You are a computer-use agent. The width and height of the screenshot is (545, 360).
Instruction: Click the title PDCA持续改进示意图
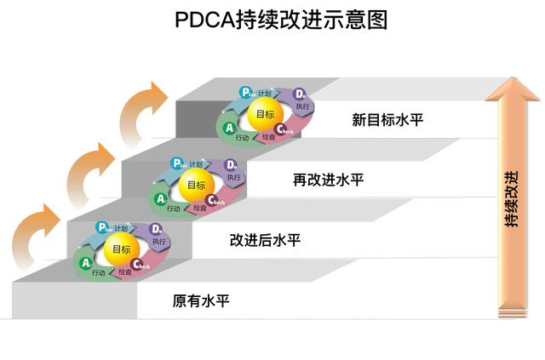(x=272, y=20)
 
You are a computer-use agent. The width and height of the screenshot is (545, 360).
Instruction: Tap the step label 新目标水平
(x=387, y=119)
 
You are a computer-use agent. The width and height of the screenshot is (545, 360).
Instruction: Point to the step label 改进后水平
(x=265, y=240)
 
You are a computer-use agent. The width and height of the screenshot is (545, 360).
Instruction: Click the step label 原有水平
(x=201, y=300)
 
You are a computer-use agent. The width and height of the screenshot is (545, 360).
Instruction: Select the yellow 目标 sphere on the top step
(x=265, y=114)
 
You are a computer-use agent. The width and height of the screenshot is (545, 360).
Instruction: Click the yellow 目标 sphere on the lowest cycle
(x=121, y=249)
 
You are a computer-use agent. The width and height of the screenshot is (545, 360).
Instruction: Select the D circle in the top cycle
(x=300, y=94)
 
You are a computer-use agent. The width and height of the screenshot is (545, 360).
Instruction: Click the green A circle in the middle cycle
(x=160, y=199)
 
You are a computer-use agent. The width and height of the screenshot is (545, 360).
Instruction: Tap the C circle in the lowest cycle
(x=138, y=266)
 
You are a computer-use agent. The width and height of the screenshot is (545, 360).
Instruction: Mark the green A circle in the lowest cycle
(x=85, y=264)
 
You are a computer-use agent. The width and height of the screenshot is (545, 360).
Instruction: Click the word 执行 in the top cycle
(x=302, y=106)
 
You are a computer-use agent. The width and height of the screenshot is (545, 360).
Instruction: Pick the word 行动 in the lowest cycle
(x=100, y=272)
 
